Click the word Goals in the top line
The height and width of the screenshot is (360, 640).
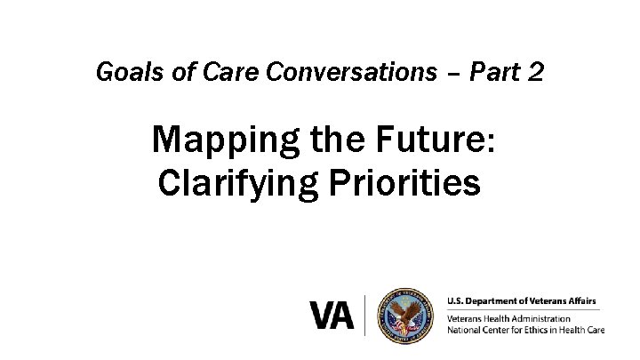(123, 71)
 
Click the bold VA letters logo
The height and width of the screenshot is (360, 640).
(332, 316)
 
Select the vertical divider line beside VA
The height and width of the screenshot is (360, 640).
(364, 316)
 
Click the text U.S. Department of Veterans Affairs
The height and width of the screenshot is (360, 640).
(523, 300)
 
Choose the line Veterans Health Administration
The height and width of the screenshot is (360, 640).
(509, 318)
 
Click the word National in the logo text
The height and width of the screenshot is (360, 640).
(465, 330)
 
